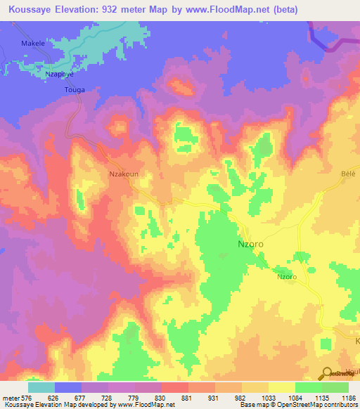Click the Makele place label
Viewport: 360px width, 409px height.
pos(32,43)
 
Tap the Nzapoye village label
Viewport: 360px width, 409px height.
pos(59,73)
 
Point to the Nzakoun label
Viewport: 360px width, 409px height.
pos(122,171)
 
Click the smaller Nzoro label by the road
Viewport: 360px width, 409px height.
pos(286,277)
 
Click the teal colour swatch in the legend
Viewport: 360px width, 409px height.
pos(41,387)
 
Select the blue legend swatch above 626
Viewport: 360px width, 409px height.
pos(68,387)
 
